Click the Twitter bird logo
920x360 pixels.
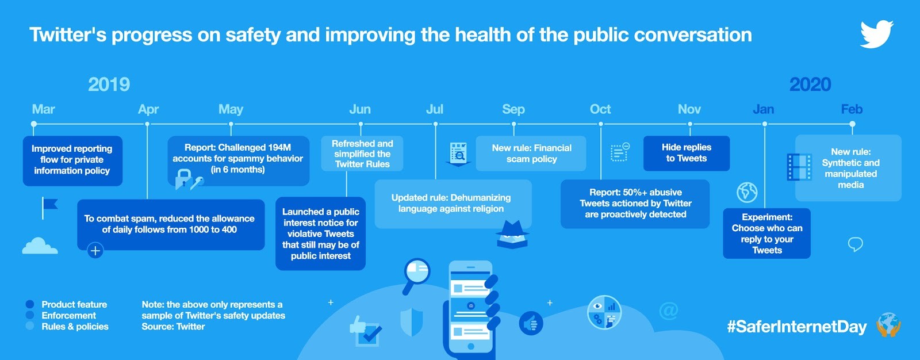(876, 34)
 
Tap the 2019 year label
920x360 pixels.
(109, 85)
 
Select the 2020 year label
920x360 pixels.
(810, 85)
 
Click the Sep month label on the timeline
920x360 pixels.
(513, 109)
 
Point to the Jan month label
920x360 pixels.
(764, 109)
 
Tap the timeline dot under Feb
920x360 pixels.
(852, 124)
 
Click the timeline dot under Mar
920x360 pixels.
(34, 124)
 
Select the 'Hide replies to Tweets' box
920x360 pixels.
(687, 154)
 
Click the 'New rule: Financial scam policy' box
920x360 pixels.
(531, 154)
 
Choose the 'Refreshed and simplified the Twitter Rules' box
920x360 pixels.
(362, 154)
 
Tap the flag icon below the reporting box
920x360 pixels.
(49, 208)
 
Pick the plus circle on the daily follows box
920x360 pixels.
(95, 250)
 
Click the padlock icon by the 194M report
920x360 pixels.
(183, 179)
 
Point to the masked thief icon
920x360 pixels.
(512, 234)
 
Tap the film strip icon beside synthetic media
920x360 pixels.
(799, 167)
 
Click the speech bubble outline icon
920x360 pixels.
(856, 244)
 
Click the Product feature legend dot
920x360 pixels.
(29, 304)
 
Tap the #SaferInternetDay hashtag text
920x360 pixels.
(797, 327)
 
